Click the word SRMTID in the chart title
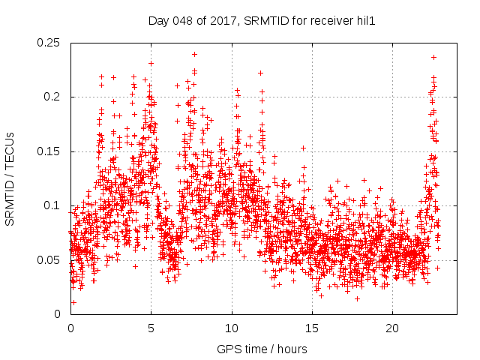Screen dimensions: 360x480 [x=255, y=22]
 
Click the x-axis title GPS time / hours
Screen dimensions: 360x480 [x=262, y=349]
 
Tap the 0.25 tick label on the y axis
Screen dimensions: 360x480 [x=49, y=43]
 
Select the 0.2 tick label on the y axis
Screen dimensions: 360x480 [x=54, y=97]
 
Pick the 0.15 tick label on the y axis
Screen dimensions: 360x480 [x=49, y=151]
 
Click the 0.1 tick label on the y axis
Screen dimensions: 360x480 [x=54, y=205]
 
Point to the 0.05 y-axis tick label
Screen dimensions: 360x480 [x=49, y=259]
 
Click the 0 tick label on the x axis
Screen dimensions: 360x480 [x=70, y=328]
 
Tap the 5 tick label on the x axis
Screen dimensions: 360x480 [x=151, y=328]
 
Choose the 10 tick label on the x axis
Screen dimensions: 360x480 [x=232, y=328]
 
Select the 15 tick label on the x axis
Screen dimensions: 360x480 [x=312, y=328]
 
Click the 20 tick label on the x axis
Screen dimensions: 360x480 [x=392, y=328]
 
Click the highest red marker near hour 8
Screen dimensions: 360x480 [x=194, y=54]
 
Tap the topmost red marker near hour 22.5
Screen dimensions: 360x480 [x=433, y=57]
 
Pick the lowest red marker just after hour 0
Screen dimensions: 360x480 [x=73, y=302]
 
